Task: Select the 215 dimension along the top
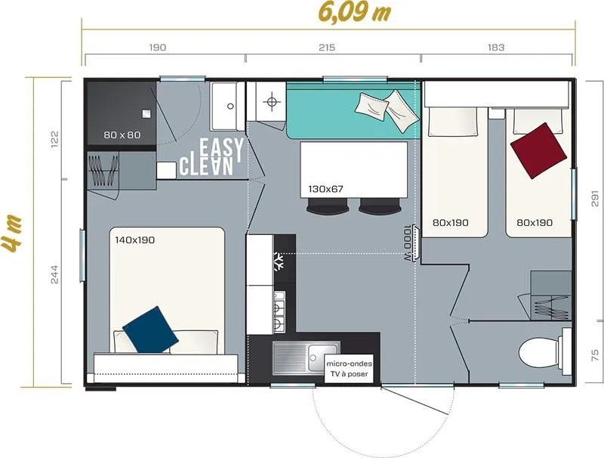[x=327, y=48]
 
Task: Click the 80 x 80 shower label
[x=122, y=135]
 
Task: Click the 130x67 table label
[x=327, y=188]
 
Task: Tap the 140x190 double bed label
[x=134, y=240]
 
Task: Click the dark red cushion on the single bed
[x=539, y=149]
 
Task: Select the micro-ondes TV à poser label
[x=347, y=369]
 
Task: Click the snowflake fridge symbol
[x=279, y=264]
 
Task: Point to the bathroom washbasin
[x=223, y=107]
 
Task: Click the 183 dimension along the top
[x=496, y=48]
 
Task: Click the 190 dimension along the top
[x=158, y=48]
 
